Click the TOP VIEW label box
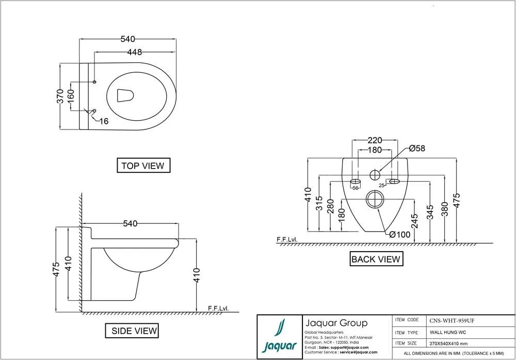143,166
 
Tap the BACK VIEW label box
376,259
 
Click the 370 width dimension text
60,96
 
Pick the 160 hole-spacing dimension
71,96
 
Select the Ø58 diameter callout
417,149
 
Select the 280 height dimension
330,208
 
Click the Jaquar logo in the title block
279,337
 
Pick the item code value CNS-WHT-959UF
451,320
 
